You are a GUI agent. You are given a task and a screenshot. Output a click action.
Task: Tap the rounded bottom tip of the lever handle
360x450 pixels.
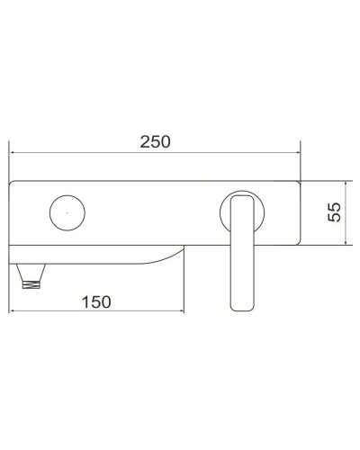[x=242, y=309]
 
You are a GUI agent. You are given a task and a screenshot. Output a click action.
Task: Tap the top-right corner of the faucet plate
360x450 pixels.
[x=300, y=183]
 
